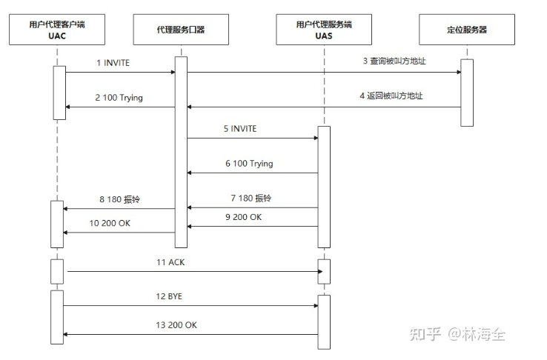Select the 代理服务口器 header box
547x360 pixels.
(x=180, y=30)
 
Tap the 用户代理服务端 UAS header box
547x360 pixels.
(x=324, y=30)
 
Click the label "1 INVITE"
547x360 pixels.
(x=113, y=63)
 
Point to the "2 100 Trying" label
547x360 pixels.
(x=119, y=98)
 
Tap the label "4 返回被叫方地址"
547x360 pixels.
(x=401, y=96)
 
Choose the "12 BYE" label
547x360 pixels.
(x=170, y=296)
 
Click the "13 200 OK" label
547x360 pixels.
(x=176, y=324)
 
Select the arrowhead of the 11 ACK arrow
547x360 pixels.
(x=321, y=271)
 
